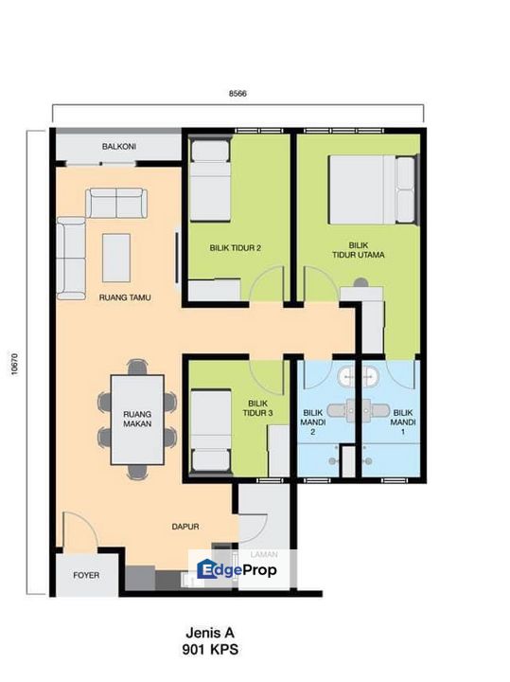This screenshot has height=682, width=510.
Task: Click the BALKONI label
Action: pos(119,147)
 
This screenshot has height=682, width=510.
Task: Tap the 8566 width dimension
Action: pos(237,93)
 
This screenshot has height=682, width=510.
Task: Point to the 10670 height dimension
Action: pos(15,364)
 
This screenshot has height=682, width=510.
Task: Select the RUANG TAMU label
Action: pos(125,297)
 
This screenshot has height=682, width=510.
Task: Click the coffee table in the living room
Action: pos(116,258)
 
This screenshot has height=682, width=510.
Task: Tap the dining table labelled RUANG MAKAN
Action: pos(137,420)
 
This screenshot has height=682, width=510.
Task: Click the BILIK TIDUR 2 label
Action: pos(235,248)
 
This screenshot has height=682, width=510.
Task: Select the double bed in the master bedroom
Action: pos(372,189)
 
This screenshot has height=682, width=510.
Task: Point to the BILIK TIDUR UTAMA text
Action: pos(359,250)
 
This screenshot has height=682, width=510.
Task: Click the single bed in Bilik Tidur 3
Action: pos(211,431)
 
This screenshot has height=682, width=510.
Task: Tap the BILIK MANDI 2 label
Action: pos(313,422)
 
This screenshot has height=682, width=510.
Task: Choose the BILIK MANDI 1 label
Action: pos(403,422)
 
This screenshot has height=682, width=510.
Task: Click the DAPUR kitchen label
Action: pos(185,527)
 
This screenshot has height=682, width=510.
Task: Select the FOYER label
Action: pos(86,575)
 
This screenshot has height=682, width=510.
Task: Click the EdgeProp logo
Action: pos(237,569)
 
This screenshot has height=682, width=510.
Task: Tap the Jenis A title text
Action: pos(210,632)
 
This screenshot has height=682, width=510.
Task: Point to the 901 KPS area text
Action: pos(210,650)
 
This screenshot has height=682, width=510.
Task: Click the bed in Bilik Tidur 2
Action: pos(210,181)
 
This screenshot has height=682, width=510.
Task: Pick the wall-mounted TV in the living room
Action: pos(177,258)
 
